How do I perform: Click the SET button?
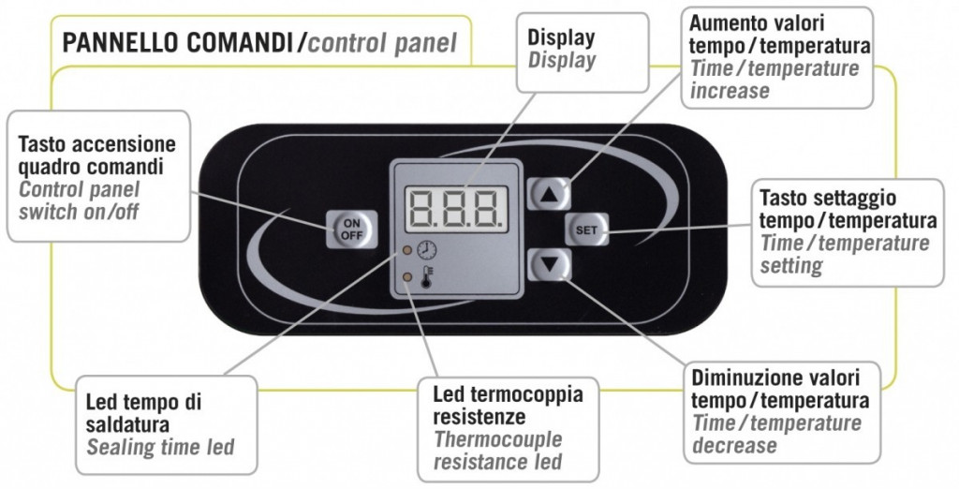586,230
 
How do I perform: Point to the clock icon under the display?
427,251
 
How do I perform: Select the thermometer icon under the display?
427,278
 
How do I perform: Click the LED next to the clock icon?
406,251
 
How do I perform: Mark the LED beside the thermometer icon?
406,277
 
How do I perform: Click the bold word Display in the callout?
561,38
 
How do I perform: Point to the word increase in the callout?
730,91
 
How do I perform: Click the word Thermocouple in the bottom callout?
497,439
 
